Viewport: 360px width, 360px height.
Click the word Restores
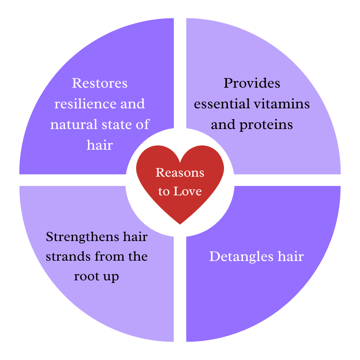point(100,83)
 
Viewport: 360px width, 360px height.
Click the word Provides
point(252,83)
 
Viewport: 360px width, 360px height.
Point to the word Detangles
point(239,257)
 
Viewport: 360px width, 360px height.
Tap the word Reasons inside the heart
point(180,173)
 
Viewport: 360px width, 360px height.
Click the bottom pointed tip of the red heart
point(180,223)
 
